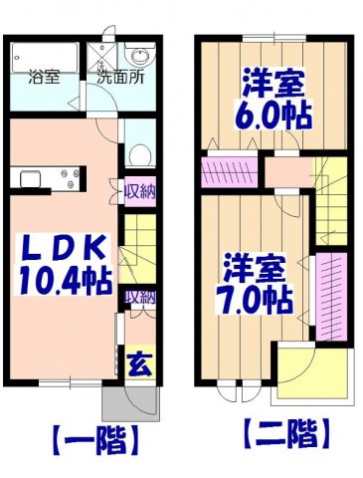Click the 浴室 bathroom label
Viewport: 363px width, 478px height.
coord(44,76)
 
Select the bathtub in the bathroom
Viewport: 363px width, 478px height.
coord(46,54)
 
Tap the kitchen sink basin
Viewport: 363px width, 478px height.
coord(28,180)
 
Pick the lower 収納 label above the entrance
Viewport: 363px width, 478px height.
coord(139,296)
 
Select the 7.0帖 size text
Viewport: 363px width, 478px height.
coord(256,298)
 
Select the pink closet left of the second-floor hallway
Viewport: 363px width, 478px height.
coord(229,172)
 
